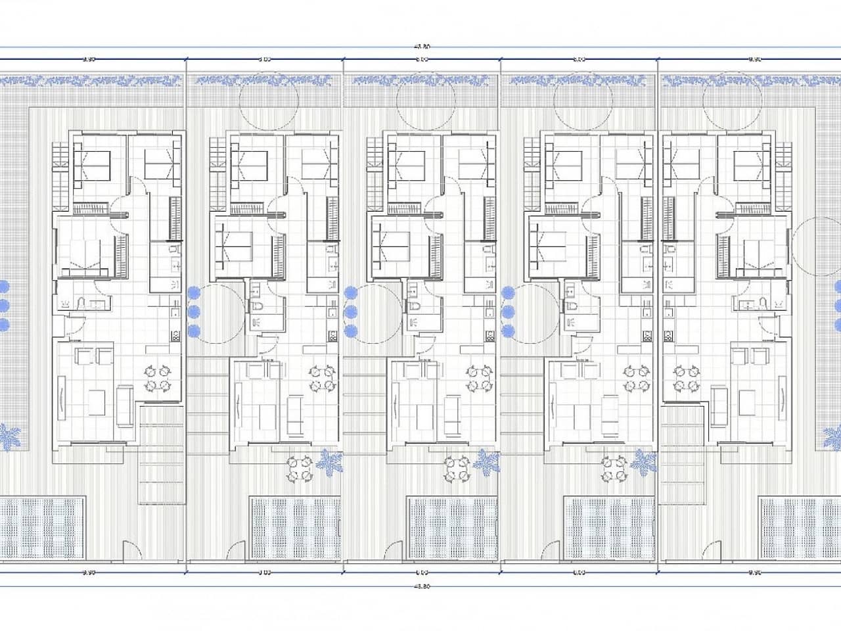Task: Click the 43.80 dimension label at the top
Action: (x=422, y=46)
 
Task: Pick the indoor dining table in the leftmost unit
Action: (x=159, y=379)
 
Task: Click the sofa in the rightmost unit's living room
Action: (x=717, y=404)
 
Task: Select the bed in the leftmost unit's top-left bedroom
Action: (x=92, y=165)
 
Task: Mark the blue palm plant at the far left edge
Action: (x=9, y=437)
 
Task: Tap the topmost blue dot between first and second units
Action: (x=194, y=293)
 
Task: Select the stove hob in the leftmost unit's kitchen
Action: (x=175, y=335)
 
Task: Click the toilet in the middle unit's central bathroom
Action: (x=413, y=308)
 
